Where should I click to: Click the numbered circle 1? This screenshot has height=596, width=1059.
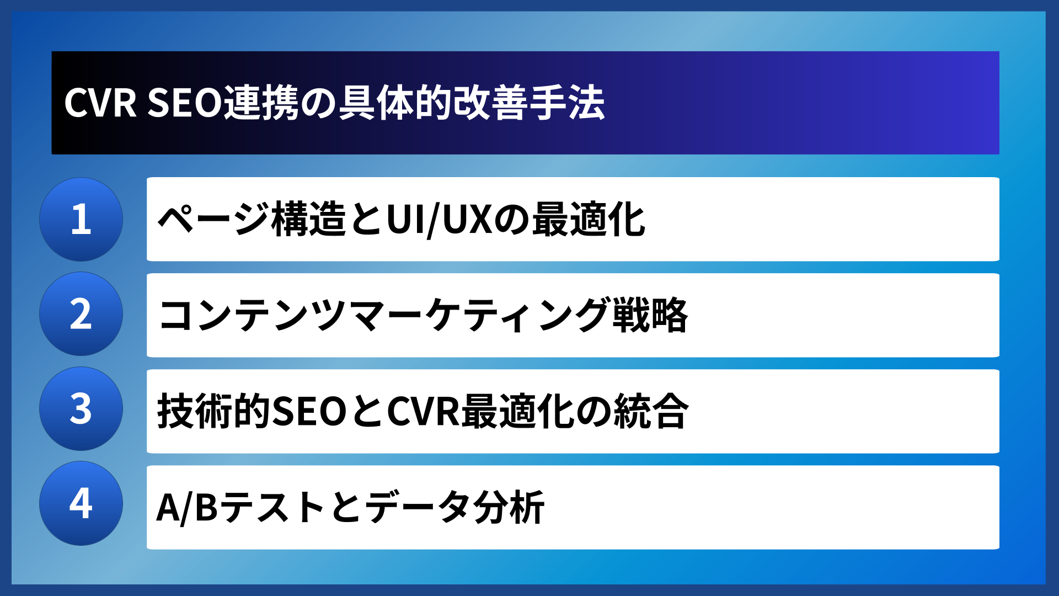pyautogui.click(x=81, y=219)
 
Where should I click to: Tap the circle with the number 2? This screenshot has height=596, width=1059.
pyautogui.click(x=81, y=314)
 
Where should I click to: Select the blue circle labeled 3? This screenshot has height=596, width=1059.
pyautogui.click(x=81, y=409)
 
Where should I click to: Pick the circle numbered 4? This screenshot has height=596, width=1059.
pyautogui.click(x=81, y=503)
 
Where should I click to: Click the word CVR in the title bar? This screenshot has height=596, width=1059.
pyautogui.click(x=100, y=103)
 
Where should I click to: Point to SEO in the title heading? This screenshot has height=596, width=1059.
pyautogui.click(x=184, y=103)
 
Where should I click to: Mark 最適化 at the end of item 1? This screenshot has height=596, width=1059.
pyautogui.click(x=588, y=220)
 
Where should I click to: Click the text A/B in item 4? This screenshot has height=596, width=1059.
pyautogui.click(x=187, y=507)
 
